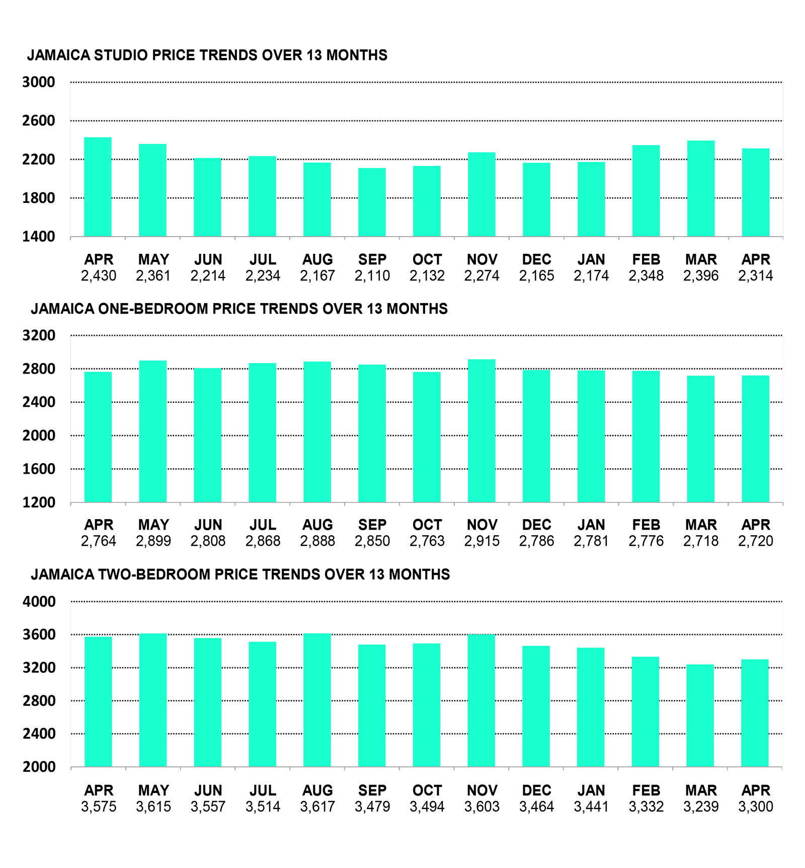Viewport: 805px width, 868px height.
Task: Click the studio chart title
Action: point(207,55)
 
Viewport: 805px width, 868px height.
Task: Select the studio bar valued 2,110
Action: point(372,202)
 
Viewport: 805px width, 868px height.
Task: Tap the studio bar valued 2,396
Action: point(701,188)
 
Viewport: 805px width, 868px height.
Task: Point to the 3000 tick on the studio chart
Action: point(38,82)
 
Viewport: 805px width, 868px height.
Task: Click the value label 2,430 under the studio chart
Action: point(99,276)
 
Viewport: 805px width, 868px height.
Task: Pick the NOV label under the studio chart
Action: point(482,260)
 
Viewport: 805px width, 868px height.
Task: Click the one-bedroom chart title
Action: point(239,309)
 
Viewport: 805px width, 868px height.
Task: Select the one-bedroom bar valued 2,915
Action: point(481,431)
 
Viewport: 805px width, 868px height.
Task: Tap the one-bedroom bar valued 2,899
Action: point(153,431)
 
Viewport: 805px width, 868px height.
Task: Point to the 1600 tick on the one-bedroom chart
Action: point(39,469)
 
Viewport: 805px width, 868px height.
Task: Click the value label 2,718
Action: point(701,541)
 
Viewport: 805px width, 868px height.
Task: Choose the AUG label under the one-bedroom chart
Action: point(317,525)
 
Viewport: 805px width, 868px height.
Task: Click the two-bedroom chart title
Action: point(240,574)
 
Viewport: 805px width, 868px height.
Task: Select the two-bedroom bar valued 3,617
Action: point(317,700)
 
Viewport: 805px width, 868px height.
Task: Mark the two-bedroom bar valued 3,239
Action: point(700,716)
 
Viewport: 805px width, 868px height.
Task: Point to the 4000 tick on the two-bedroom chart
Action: point(39,602)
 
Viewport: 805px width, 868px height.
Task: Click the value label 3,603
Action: point(482,807)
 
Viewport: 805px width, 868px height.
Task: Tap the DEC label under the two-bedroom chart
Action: point(537,791)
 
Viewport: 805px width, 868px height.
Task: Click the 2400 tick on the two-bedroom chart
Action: point(39,734)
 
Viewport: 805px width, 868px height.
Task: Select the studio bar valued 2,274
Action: point(481,194)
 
